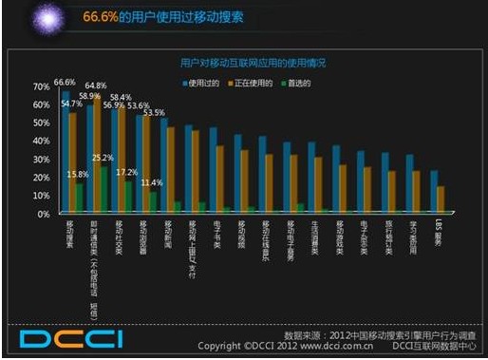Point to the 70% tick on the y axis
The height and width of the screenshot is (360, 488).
(x=42, y=86)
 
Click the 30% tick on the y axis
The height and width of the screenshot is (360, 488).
(x=42, y=160)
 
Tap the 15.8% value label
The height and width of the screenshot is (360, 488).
(x=77, y=175)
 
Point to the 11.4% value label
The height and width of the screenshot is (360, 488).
(x=152, y=182)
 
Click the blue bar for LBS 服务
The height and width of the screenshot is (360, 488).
(x=434, y=192)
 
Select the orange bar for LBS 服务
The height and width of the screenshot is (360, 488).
(x=441, y=199)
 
